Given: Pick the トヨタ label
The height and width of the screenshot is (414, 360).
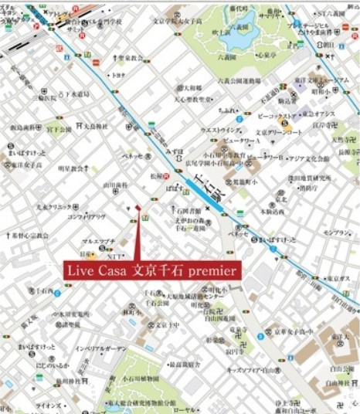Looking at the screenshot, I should click(118, 75).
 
